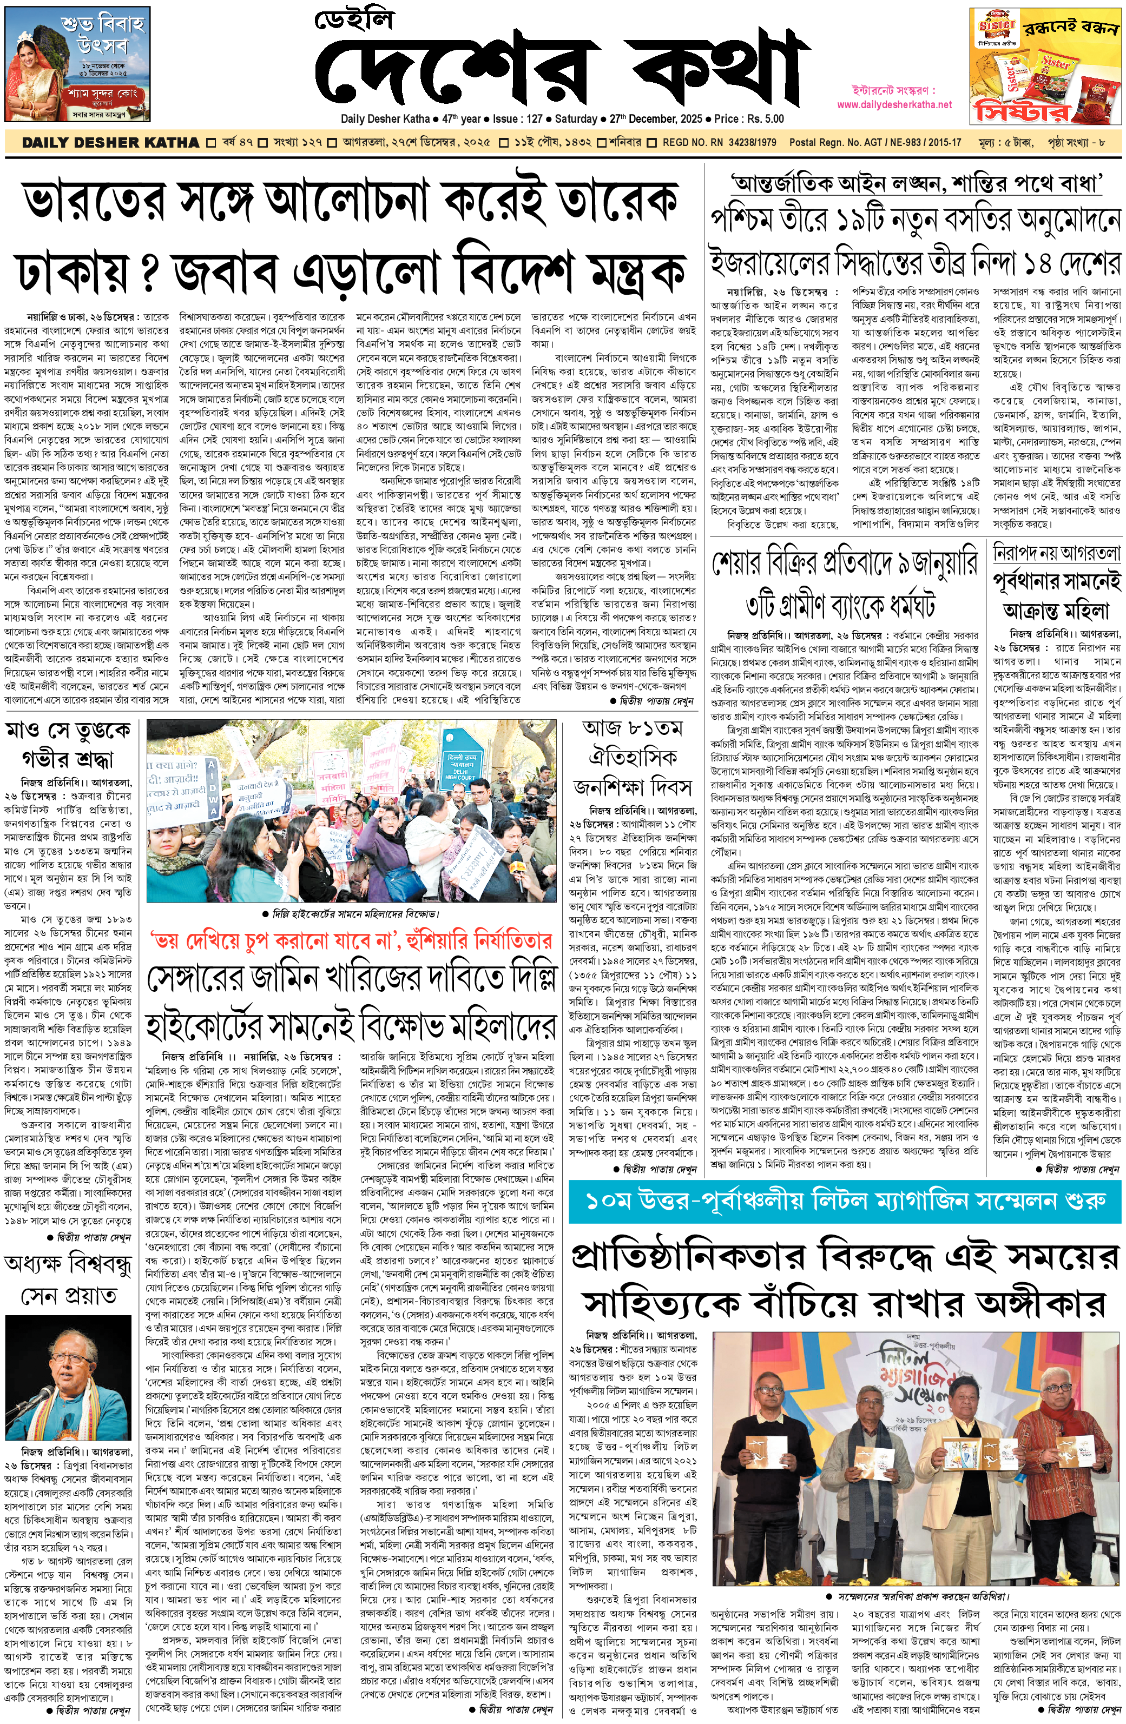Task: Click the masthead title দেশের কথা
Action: (562, 69)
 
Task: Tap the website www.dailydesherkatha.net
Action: (893, 104)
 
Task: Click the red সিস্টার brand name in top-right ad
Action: (1022, 111)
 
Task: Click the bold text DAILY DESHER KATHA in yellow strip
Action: (110, 143)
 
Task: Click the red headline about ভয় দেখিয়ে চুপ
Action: (351, 941)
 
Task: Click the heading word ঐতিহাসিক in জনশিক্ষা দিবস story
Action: (633, 758)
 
